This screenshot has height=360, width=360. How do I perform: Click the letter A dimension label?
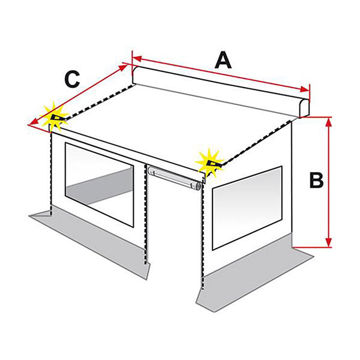[x=223, y=60]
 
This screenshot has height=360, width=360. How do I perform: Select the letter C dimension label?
[x=73, y=79]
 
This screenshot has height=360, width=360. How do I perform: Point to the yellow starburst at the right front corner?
[x=209, y=163]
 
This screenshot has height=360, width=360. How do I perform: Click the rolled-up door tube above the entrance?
[x=175, y=178]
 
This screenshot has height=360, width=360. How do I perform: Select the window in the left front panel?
[x=100, y=184]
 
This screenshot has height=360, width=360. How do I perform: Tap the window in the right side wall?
[x=247, y=208]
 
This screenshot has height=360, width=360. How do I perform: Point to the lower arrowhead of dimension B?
[x=329, y=242]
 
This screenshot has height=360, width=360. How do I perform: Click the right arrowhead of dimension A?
[x=304, y=89]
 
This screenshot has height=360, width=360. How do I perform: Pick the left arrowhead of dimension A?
[x=137, y=59]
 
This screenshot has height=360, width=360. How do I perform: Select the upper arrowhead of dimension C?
[x=123, y=67]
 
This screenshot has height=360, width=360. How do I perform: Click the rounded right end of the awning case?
[x=304, y=108]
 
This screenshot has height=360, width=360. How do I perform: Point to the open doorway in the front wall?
[x=174, y=230]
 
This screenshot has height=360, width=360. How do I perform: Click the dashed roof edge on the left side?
[x=99, y=102]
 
